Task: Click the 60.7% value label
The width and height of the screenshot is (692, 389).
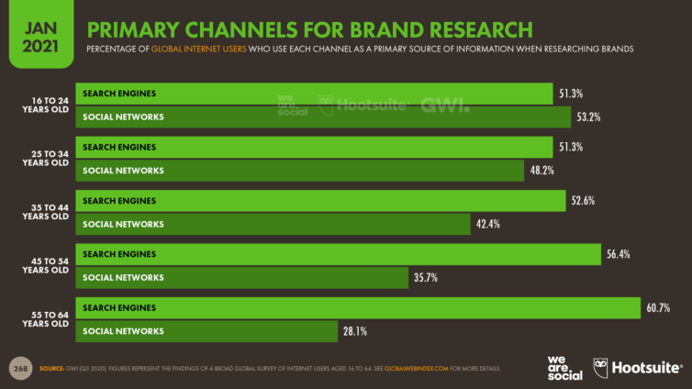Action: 659,308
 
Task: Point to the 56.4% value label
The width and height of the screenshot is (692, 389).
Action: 619,254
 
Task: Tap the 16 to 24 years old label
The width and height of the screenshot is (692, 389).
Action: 45,105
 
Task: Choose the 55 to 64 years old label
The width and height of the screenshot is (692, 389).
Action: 45,319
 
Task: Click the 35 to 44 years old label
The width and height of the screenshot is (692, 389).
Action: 45,212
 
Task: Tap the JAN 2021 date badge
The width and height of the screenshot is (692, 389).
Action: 39,33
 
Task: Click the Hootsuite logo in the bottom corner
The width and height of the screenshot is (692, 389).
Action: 638,368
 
